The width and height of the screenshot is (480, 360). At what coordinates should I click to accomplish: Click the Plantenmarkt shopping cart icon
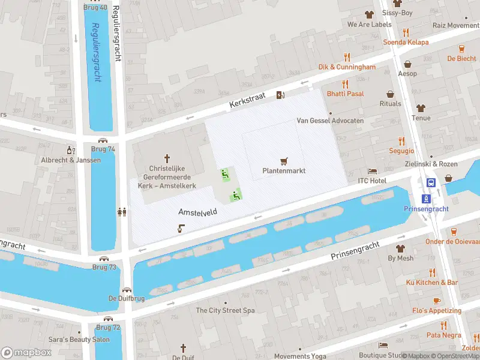pos(284,161)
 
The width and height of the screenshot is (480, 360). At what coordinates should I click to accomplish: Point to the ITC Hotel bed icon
pos(372,171)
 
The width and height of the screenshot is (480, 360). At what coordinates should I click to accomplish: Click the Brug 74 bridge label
pos(103,149)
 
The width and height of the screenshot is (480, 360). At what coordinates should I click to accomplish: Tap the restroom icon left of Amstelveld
pos(122,211)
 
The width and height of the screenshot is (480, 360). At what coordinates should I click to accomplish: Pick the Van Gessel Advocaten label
pos(330,121)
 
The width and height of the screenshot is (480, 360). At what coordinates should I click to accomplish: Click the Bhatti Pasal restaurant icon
pos(345,84)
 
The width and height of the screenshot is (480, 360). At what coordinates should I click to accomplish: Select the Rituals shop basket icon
pos(391,94)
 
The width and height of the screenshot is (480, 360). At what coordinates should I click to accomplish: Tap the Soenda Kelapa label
pos(406,42)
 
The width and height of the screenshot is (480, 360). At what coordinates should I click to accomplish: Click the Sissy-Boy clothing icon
pos(369,14)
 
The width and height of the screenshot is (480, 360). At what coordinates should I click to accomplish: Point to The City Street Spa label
pos(225,310)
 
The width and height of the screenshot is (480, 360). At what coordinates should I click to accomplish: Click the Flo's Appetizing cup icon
pos(436,301)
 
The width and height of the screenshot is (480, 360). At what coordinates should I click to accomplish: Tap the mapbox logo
pos(26,352)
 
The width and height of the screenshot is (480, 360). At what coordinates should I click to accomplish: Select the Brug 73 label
pos(104,267)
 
